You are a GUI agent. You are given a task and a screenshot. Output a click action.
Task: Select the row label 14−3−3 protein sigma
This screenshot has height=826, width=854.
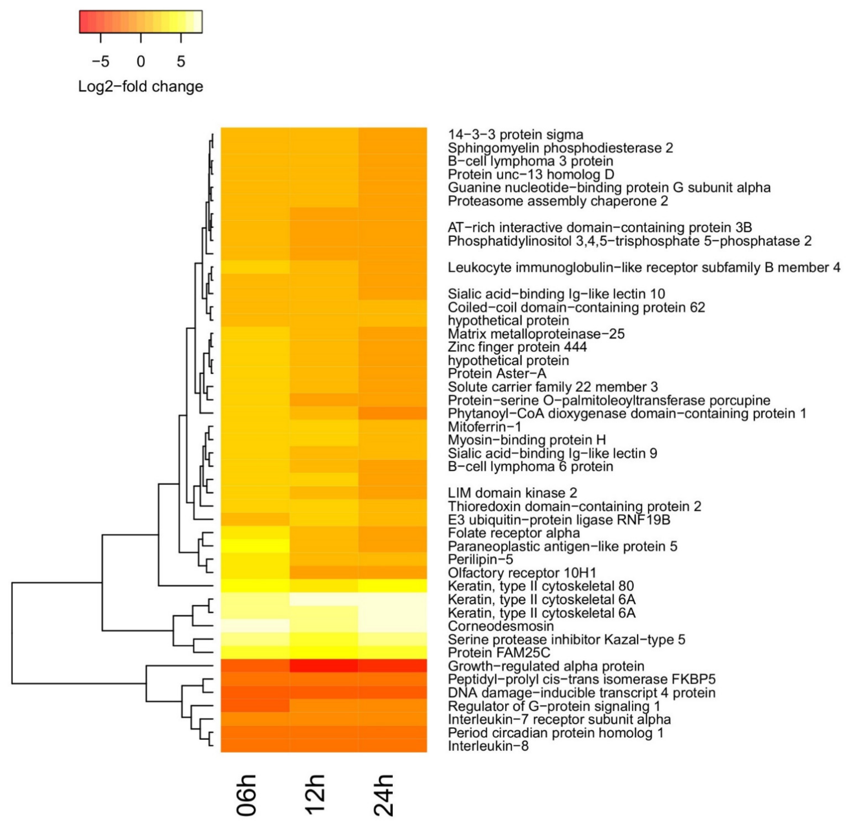[x=515, y=135]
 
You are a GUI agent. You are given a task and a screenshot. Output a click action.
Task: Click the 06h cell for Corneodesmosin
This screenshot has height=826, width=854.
[x=255, y=626]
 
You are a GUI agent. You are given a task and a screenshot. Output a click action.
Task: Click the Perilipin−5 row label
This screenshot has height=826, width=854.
[x=480, y=559]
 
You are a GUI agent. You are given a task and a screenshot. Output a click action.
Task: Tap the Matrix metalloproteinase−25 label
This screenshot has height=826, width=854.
[x=536, y=334]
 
